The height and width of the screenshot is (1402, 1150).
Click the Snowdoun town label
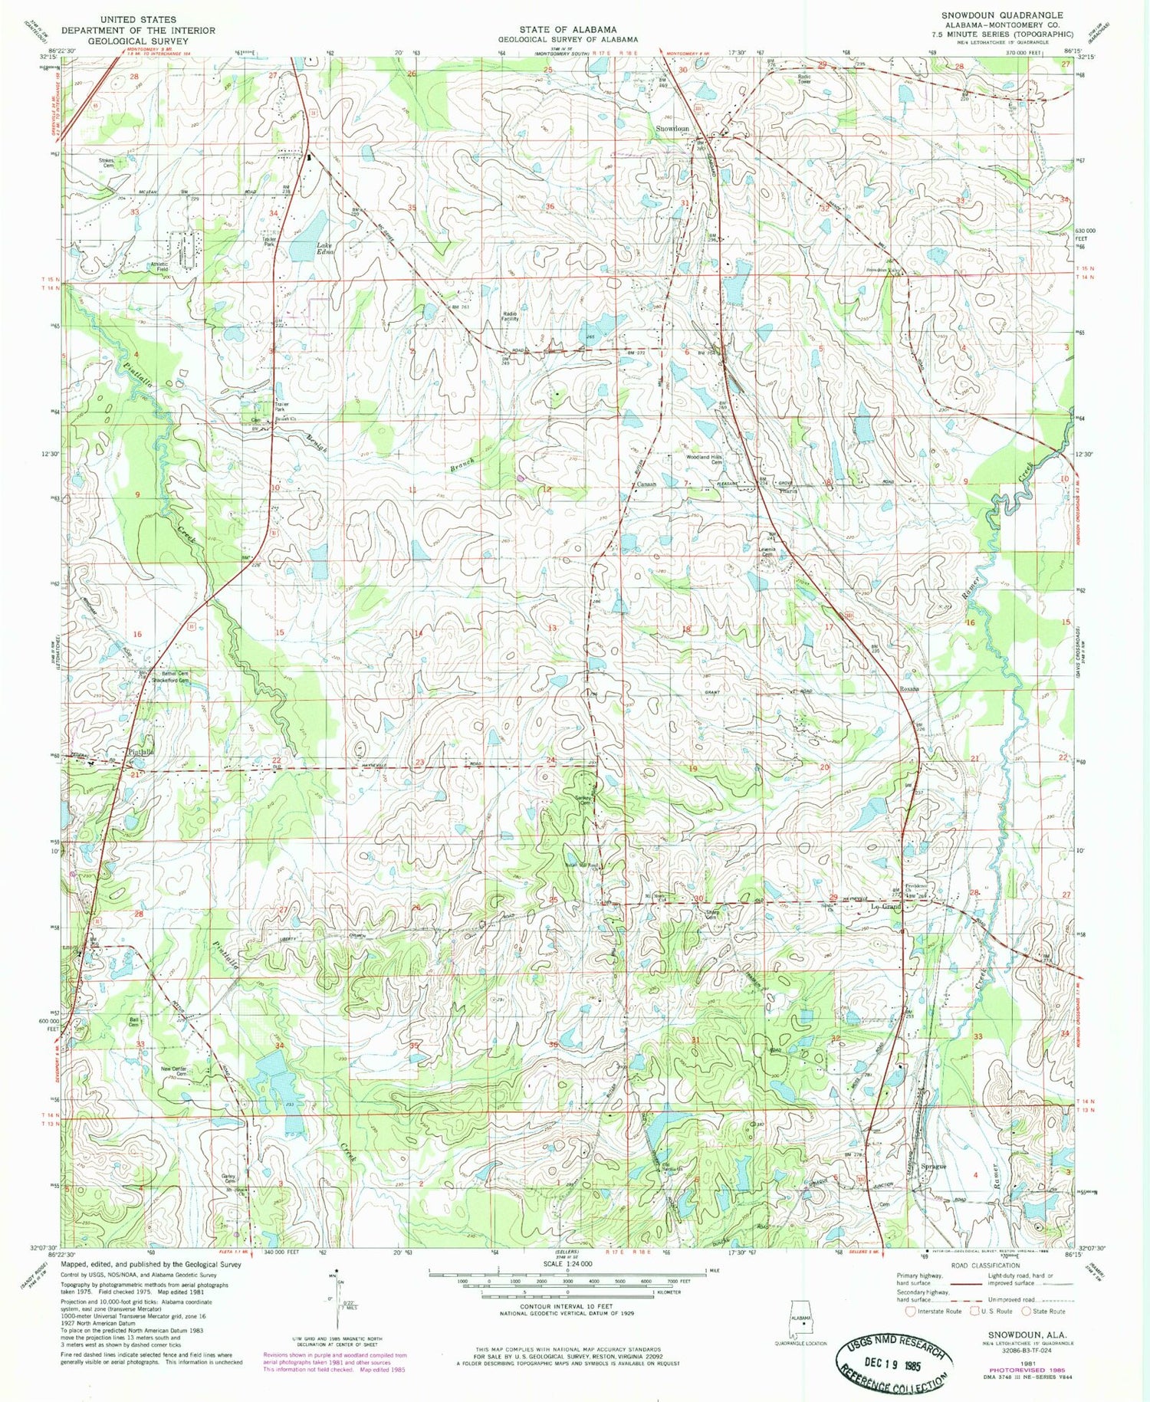coord(672,129)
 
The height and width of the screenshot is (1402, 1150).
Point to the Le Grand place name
coord(886,907)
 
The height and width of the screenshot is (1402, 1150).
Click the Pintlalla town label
coord(141,752)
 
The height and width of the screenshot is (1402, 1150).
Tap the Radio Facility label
coord(511,316)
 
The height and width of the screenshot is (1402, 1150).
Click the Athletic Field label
coord(159,268)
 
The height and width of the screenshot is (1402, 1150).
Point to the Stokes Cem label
coord(106,163)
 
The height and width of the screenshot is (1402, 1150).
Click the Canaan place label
coord(646,484)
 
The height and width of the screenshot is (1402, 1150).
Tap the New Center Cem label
coord(174,1071)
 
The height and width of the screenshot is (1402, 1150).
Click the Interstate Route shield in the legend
coord(910,1311)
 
